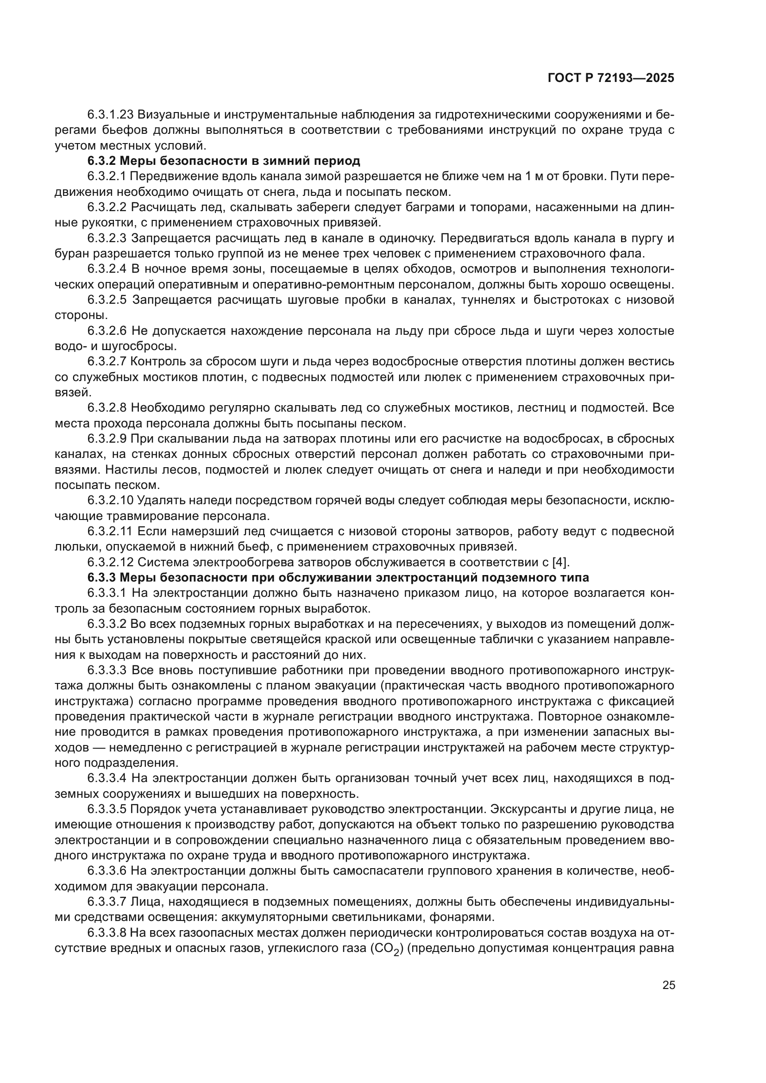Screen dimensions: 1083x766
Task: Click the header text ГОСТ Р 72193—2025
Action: [611, 78]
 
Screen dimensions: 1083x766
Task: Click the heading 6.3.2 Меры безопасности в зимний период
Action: [224, 161]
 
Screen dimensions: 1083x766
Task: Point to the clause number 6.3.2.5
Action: [107, 300]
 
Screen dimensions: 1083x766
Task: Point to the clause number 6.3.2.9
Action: [107, 438]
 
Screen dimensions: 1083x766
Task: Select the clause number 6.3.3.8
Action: [107, 933]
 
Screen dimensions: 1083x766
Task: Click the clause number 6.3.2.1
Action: [107, 176]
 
